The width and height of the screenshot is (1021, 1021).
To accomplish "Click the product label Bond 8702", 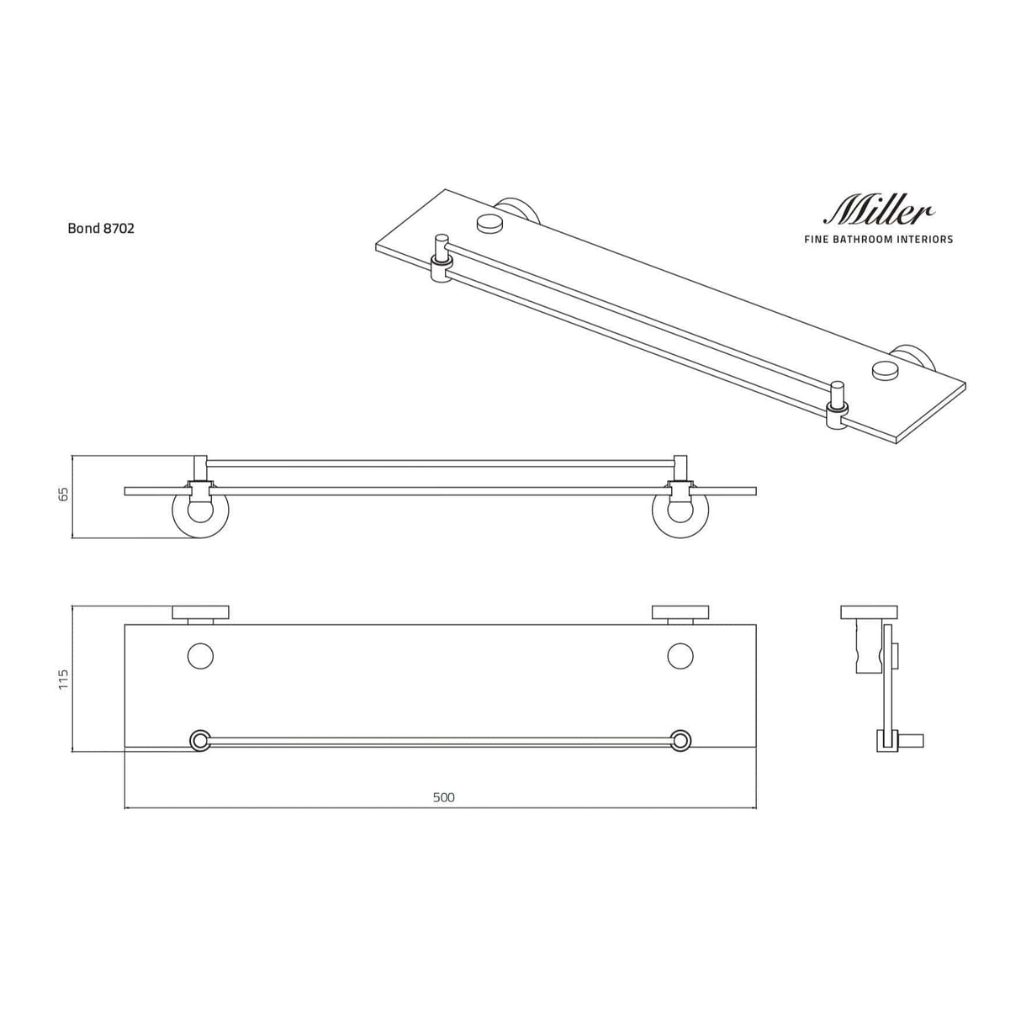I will click(x=101, y=228).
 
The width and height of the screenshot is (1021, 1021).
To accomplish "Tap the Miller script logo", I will click(x=880, y=210).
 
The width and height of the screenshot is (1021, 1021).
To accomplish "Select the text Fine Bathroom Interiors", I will click(x=880, y=240).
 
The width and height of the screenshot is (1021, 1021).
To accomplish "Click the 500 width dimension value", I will click(x=443, y=797).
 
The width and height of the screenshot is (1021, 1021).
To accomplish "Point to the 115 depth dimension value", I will click(x=63, y=680).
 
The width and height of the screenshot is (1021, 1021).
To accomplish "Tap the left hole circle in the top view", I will click(x=200, y=656).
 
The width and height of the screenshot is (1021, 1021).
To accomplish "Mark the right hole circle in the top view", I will click(x=680, y=656).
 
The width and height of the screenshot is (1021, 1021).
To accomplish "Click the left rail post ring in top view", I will click(x=200, y=740).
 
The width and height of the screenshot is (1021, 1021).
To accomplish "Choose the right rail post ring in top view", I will click(x=680, y=740).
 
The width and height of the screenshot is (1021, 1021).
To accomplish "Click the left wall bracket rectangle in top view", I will click(x=200, y=612).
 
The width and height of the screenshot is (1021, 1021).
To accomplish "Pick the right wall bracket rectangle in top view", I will click(x=680, y=612).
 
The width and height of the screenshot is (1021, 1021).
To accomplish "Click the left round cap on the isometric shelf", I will click(x=489, y=223).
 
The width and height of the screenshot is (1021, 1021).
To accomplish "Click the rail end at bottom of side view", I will click(x=912, y=741).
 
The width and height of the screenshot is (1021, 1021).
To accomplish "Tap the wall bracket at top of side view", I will click(x=870, y=612).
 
